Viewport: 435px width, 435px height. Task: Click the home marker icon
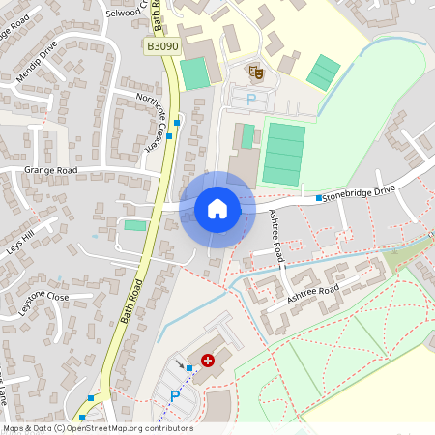tap(217, 209)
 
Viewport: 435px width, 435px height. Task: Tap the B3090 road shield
tap(162, 46)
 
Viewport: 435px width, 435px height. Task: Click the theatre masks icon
tap(256, 71)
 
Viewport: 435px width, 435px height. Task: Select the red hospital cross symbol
tap(207, 360)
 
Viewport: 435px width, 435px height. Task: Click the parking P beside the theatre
tap(252, 99)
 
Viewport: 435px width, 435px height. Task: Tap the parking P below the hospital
tap(175, 394)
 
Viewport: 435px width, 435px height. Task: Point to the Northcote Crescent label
tap(152, 125)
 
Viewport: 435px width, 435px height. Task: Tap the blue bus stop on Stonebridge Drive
tap(319, 198)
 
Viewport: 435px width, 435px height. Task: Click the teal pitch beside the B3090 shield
tap(194, 73)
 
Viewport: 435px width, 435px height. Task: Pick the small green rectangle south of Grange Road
tap(136, 225)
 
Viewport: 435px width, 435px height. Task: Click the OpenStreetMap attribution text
tap(97, 427)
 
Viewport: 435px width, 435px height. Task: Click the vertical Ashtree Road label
tap(277, 237)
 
